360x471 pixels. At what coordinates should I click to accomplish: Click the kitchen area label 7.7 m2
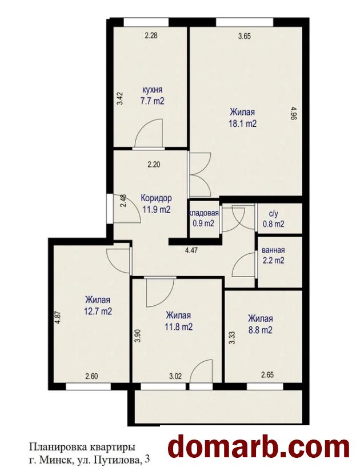click(x=153, y=101)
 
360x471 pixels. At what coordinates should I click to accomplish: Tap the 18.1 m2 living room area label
click(x=243, y=124)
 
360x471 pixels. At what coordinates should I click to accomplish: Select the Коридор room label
click(x=157, y=198)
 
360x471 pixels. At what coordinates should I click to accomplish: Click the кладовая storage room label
click(x=203, y=213)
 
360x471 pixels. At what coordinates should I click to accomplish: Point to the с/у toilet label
click(x=274, y=214)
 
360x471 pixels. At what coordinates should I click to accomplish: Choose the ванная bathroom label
click(x=273, y=250)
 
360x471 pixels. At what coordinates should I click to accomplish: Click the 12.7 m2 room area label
click(x=98, y=311)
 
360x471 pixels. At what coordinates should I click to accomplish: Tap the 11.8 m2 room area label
click(x=179, y=326)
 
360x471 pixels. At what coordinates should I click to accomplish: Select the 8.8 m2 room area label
click(x=261, y=330)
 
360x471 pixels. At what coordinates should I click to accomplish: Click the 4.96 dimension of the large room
click(x=294, y=114)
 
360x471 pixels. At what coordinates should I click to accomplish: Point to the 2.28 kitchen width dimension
click(x=151, y=36)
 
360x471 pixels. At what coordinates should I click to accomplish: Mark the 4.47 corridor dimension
click(x=191, y=250)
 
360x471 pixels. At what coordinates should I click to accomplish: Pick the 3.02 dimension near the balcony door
click(x=175, y=376)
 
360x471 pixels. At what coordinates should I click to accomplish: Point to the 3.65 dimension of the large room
click(x=245, y=37)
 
